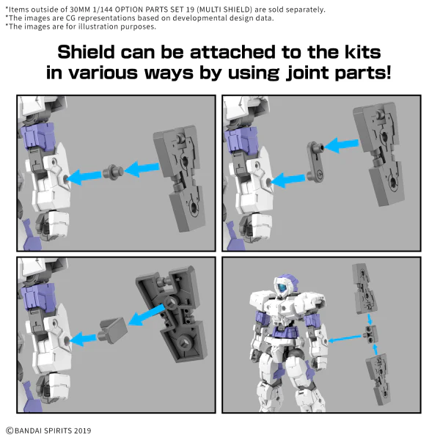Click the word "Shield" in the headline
coord(86,52)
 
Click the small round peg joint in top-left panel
coord(113,171)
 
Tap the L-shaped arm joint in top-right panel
coord(315,162)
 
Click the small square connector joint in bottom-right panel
coord(370,334)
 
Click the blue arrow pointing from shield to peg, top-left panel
coord(142,169)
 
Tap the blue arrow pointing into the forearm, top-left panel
coord(84,177)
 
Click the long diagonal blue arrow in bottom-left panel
coord(147,315)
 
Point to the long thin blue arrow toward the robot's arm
coord(345,339)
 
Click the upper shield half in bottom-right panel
coord(363,288)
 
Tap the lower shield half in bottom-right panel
coord(378,379)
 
